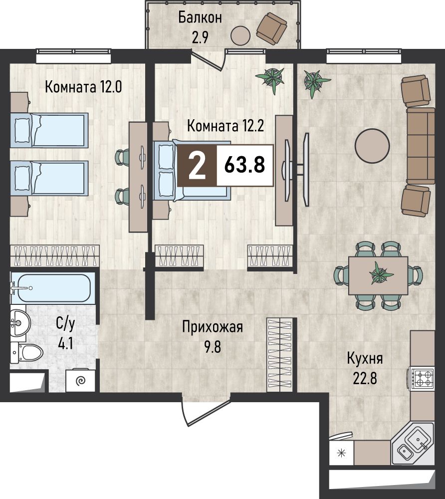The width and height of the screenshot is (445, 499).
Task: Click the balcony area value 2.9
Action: click(200, 37)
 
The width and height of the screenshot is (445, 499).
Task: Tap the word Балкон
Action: click(200, 17)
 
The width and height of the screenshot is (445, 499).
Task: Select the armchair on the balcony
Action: click(272, 28)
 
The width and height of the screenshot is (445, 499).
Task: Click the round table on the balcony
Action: click(240, 35)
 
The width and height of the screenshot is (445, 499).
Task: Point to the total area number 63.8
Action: click(244, 165)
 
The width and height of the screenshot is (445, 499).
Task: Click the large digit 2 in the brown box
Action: click(197, 165)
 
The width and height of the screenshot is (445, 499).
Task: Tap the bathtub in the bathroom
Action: click(53, 288)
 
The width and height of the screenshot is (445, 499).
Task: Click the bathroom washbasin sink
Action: click(20, 323)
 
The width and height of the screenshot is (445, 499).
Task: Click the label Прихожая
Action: click(213, 327)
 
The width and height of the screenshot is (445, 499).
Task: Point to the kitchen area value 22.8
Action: click(365, 379)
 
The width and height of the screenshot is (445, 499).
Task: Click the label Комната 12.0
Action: click(83, 86)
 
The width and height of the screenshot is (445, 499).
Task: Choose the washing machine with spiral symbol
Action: click(80, 380)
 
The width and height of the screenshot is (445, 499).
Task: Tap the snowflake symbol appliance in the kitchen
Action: click(341, 453)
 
